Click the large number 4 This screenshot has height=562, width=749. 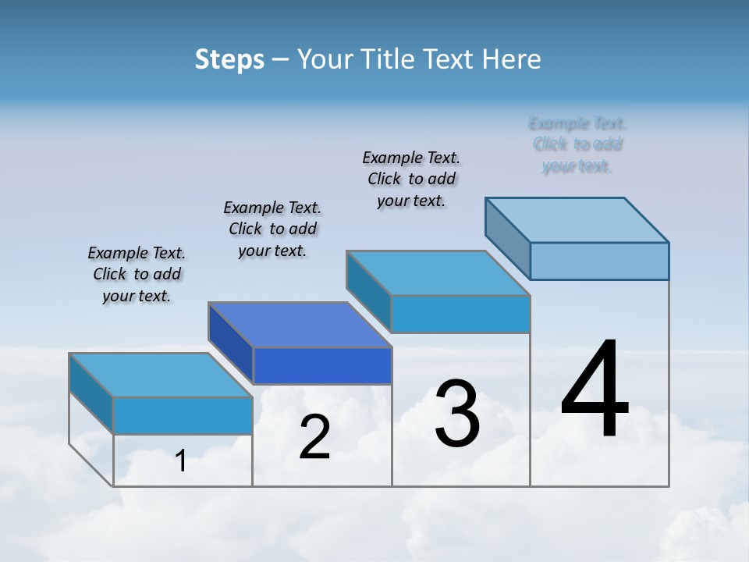[595, 390]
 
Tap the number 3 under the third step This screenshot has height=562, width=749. [457, 414]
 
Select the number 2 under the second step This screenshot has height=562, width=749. [314, 438]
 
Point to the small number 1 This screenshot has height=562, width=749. [181, 461]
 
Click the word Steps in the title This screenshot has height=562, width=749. [229, 59]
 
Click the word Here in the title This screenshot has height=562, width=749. [512, 59]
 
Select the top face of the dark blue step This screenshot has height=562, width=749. [300, 324]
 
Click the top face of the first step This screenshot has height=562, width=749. [161, 375]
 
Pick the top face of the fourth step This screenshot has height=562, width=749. [577, 219]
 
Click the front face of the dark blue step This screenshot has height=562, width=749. [322, 366]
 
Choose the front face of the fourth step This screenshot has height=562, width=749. [599, 261]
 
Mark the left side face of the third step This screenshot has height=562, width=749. [368, 290]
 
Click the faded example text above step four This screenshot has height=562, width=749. [577, 144]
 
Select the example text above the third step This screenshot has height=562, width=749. [411, 179]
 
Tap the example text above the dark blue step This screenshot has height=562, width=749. [272, 229]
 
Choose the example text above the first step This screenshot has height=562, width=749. [137, 274]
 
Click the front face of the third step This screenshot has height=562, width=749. [460, 314]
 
